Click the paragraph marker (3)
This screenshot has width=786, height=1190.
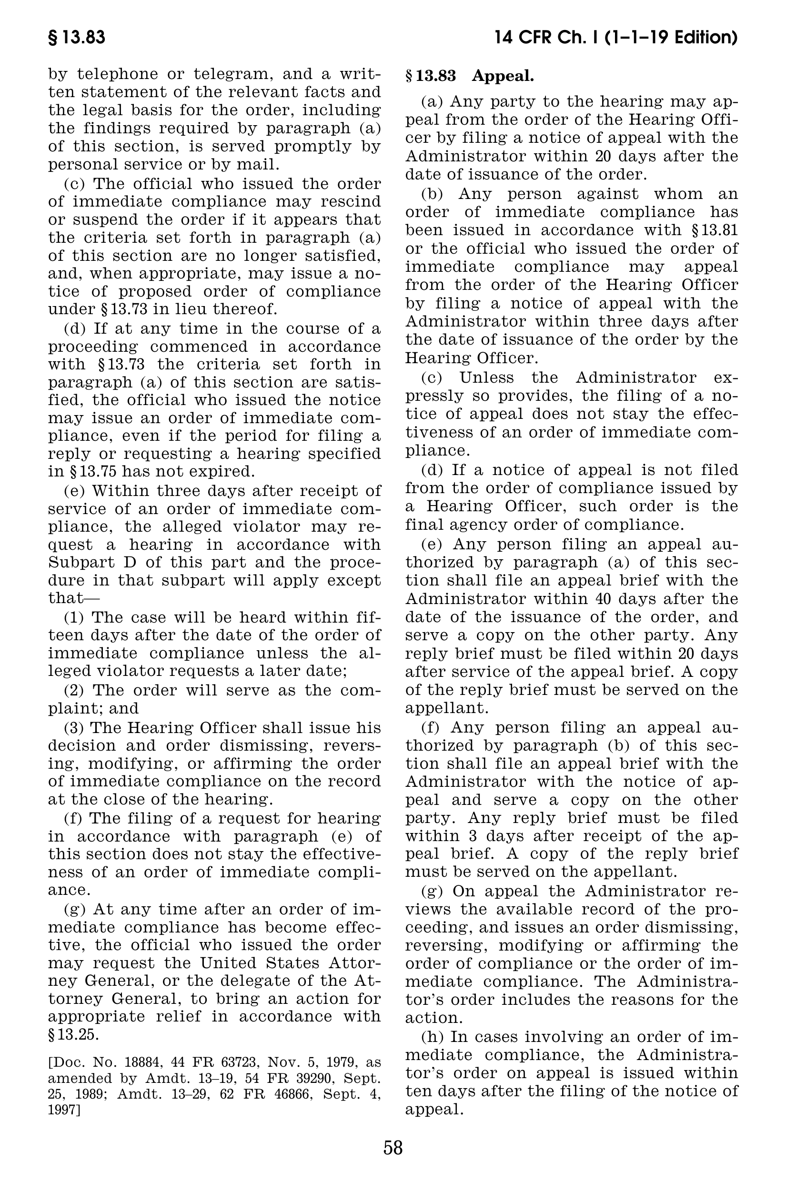[x=74, y=728]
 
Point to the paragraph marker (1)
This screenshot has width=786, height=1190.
[x=74, y=617]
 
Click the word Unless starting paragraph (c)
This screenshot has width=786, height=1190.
[x=483, y=377]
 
